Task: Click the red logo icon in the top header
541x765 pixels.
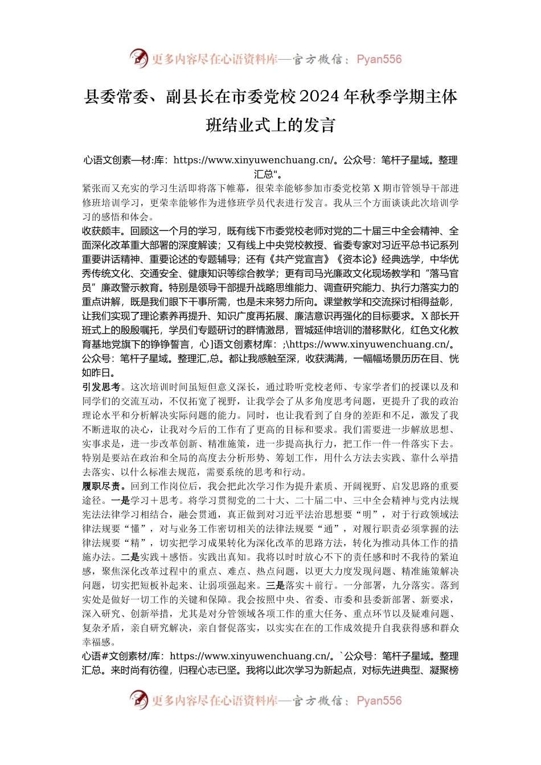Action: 138,58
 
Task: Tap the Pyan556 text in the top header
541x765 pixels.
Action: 379,59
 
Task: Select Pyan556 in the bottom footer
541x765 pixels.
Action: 379,701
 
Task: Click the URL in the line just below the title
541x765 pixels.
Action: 254,161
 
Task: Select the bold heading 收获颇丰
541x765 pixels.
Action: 101,231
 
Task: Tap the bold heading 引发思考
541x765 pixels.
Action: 101,387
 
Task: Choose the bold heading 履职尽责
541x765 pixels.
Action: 101,486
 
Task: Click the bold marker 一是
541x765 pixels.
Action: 120,500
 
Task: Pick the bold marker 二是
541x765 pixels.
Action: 130,557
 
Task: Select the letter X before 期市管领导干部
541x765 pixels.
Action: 376,188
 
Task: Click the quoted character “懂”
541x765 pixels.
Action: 135,529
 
